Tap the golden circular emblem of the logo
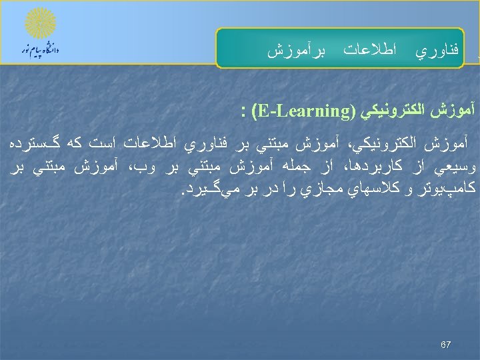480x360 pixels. pyautogui.click(x=40, y=24)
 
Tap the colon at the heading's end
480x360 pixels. pyautogui.click(x=245, y=109)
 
